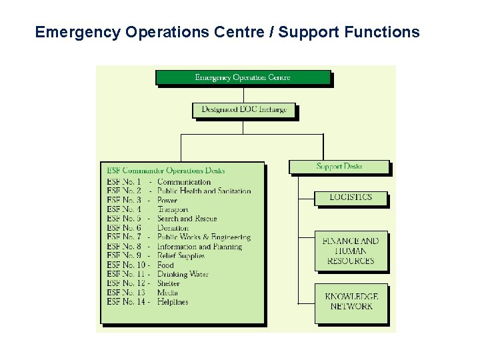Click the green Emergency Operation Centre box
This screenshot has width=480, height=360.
[x=243, y=77]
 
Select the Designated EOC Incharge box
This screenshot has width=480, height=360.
[x=244, y=109]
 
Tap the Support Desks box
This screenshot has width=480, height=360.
[x=339, y=166]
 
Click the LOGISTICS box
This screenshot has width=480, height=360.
[x=350, y=197]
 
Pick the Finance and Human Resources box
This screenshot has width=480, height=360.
[x=350, y=251]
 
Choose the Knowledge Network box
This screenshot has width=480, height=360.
[x=350, y=301]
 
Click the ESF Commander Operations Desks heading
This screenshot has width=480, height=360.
[x=166, y=171]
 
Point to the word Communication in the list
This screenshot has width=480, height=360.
[x=184, y=181]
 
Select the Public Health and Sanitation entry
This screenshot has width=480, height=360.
[x=204, y=191]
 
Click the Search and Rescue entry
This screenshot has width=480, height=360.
[x=187, y=219]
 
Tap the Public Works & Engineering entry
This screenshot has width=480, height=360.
[x=204, y=237]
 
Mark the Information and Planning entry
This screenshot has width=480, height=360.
[x=199, y=247]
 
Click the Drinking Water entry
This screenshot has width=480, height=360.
[x=183, y=274]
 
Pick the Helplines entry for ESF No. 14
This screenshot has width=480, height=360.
[x=173, y=302]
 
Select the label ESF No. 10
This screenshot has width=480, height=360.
[x=127, y=265]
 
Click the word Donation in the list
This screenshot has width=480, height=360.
[x=173, y=228]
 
